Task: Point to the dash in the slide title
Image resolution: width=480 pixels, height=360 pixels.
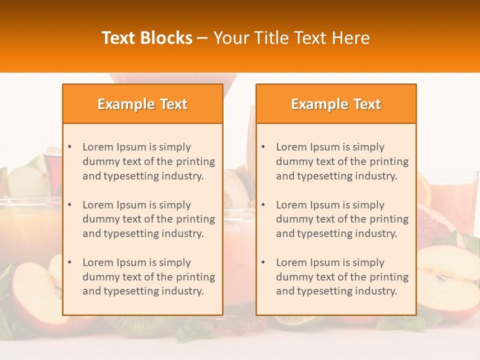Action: coord(202,38)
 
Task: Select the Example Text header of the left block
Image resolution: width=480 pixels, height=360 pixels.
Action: coord(142,104)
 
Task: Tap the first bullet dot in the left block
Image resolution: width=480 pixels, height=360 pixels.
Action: coord(70,147)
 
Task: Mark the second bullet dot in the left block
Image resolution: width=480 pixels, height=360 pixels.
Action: coord(70,205)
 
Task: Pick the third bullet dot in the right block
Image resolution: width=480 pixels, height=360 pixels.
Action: coord(263,262)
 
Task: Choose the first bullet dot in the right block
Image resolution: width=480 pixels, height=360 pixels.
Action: coord(263,147)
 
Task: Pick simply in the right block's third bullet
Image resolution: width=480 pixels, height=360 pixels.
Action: coord(368,262)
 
